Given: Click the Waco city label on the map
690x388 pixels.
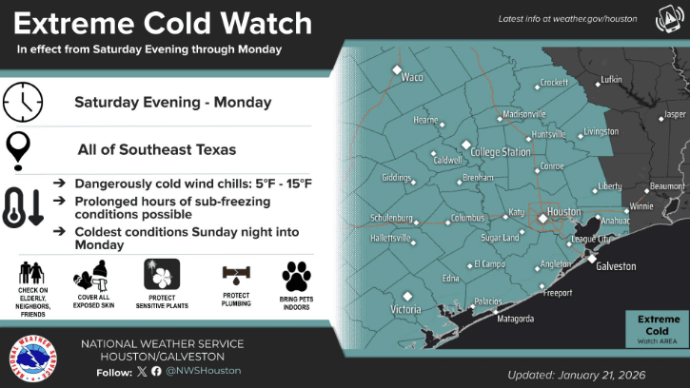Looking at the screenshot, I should pos(411,77).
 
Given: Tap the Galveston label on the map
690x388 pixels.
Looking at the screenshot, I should pos(615,266).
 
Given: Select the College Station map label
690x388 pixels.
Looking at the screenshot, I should pos(500,152).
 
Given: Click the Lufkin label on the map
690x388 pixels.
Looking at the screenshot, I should pos(611,79).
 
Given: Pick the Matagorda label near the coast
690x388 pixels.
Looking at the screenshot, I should pos(515,320).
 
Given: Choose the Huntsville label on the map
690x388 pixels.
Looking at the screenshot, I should pos(548,134).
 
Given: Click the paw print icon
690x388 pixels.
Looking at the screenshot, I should pos(296,276).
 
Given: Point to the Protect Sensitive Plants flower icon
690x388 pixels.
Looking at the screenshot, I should pos(161,274).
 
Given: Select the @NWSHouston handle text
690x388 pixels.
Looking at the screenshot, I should pos(209,370).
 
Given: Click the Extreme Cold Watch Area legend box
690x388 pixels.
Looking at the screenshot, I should pos(658,328).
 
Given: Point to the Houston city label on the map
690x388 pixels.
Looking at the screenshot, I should pos(564,211).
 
